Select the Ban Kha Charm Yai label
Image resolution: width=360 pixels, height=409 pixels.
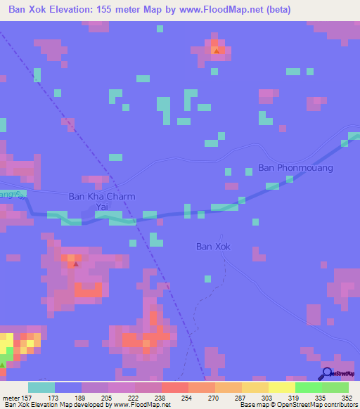[x=101, y=202]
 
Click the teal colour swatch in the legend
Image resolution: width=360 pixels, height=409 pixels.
[x=41, y=387]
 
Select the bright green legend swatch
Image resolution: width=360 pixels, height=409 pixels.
[x=308, y=387]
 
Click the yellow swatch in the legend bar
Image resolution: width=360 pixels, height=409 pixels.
[x=281, y=387]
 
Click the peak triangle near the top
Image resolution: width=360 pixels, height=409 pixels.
[x=217, y=50]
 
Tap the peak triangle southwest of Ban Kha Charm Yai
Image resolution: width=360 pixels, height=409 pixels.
[x=75, y=264]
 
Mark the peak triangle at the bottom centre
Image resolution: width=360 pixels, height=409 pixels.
[x=146, y=344]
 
